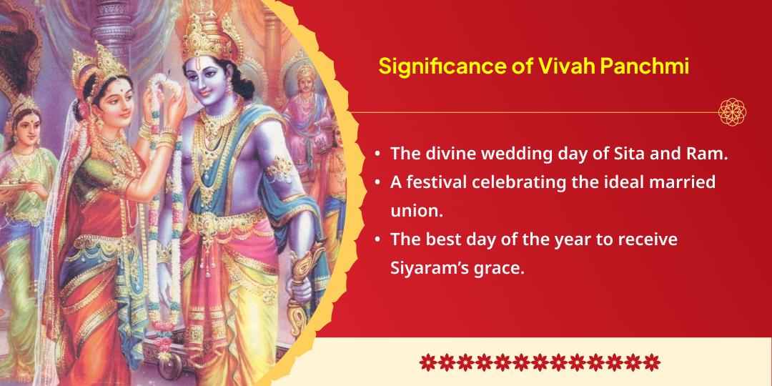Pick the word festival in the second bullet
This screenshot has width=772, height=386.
(437, 182)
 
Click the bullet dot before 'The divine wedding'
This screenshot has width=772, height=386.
(377, 154)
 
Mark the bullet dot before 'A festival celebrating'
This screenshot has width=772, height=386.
(377, 182)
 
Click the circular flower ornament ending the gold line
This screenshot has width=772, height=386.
(733, 112)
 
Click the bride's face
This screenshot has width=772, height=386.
(117, 105)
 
